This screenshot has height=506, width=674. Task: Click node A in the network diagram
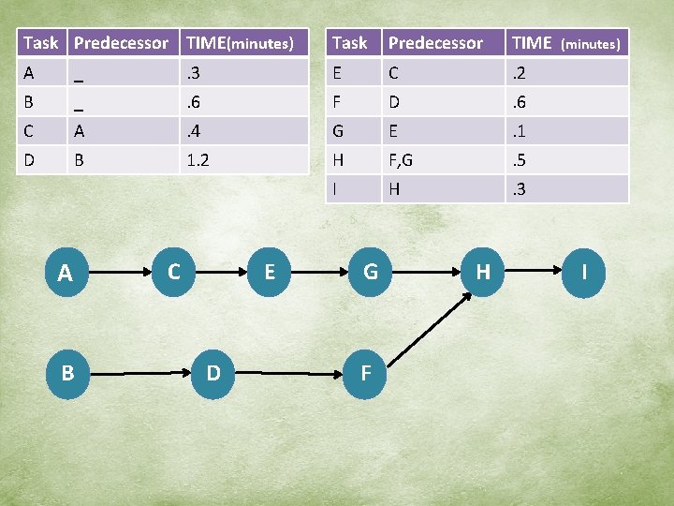click(66, 274)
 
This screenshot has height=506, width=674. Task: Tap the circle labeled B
click(66, 373)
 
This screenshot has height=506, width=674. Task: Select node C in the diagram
click(173, 272)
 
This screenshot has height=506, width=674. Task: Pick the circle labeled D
click(213, 373)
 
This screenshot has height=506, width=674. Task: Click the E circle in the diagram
click(270, 272)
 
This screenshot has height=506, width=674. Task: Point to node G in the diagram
click(371, 272)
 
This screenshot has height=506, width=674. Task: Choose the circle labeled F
click(366, 373)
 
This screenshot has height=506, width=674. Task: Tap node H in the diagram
click(483, 272)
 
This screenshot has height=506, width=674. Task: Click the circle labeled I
click(584, 272)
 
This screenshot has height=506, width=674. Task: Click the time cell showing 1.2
click(198, 160)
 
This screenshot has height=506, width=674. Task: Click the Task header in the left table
click(41, 43)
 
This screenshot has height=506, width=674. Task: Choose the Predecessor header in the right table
click(435, 43)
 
